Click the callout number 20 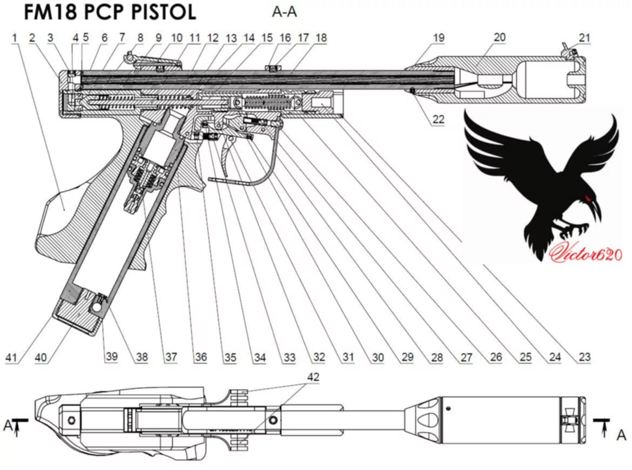[500, 37]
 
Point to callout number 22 [438, 119]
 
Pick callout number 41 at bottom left [12, 357]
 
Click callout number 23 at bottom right [584, 357]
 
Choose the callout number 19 [438, 38]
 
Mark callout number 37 [171, 357]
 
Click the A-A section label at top [284, 12]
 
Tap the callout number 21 [584, 38]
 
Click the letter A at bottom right [621, 435]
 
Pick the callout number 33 [290, 357]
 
